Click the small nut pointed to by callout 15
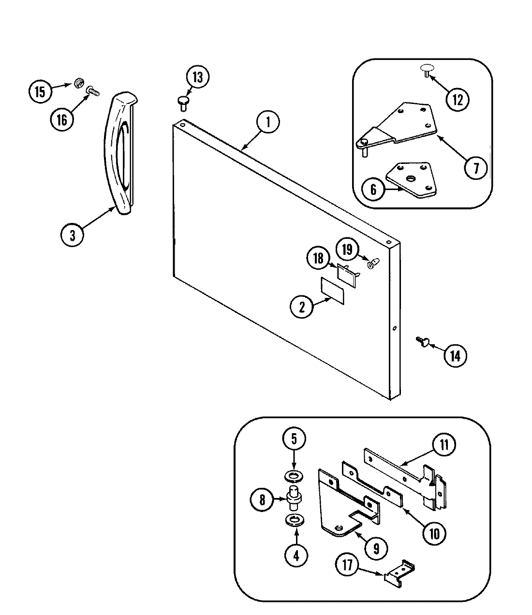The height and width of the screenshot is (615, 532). click(77, 84)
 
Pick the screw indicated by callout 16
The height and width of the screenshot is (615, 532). click(92, 90)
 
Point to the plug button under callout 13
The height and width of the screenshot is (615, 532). click(182, 101)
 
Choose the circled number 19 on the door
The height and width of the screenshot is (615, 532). click(347, 250)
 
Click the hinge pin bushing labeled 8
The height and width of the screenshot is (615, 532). click(293, 498)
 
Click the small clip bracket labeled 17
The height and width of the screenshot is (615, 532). click(401, 572)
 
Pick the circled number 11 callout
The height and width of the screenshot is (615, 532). click(444, 445)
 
